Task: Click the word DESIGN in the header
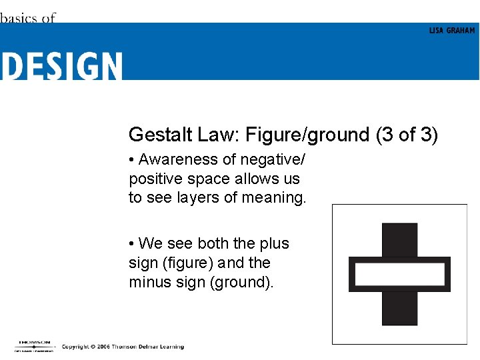pos(61,66)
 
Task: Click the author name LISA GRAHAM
pos(452,31)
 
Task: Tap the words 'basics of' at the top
pos(27,18)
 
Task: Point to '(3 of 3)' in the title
pos(407,135)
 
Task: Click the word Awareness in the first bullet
pos(178,160)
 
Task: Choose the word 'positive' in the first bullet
pos(153,179)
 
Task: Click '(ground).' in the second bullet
pos(241,282)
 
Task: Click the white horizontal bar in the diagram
pos(399,274)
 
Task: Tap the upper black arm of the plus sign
pos(399,239)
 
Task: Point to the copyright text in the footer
pos(123,347)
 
